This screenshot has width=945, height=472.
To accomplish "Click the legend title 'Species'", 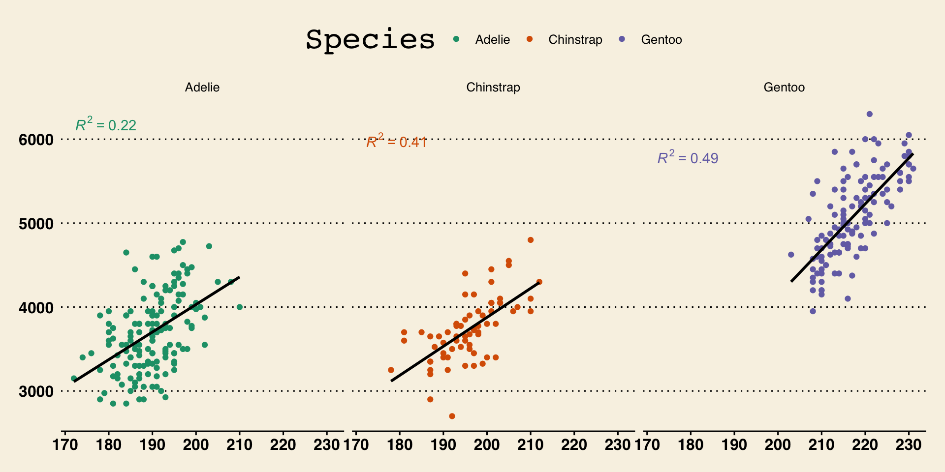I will [x=370, y=39].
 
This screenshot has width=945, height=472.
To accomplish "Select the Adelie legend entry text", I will [x=492, y=40].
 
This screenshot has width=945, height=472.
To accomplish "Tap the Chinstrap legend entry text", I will [x=575, y=40].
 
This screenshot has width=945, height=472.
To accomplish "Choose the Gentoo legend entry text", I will [x=661, y=40].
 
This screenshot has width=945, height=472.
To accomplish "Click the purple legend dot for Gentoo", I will [x=622, y=39].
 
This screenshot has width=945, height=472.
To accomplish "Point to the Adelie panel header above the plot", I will [x=202, y=88].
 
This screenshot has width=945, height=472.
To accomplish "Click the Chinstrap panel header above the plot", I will [x=493, y=88].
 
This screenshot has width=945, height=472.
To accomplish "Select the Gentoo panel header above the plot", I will [x=784, y=88].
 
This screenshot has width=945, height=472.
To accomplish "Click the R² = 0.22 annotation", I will [x=106, y=125].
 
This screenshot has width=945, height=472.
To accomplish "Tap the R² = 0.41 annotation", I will [x=397, y=142].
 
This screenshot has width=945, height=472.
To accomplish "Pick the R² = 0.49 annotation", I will [x=688, y=158].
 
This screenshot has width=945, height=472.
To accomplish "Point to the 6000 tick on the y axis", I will [x=36, y=140].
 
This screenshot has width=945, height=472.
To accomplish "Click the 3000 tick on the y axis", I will [x=36, y=392].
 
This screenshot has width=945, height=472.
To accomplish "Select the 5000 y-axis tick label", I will [x=36, y=224].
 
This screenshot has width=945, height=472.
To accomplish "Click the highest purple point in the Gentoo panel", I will [x=869, y=114].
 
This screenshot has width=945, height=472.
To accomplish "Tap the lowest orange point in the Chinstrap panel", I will [x=452, y=416].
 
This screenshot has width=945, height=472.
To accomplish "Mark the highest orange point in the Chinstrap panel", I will [x=531, y=240].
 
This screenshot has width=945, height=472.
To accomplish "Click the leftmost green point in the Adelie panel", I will [x=74, y=379].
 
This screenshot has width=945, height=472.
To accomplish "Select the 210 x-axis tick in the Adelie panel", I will [x=239, y=445].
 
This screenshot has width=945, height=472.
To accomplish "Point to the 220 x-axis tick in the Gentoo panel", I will [x=865, y=445].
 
